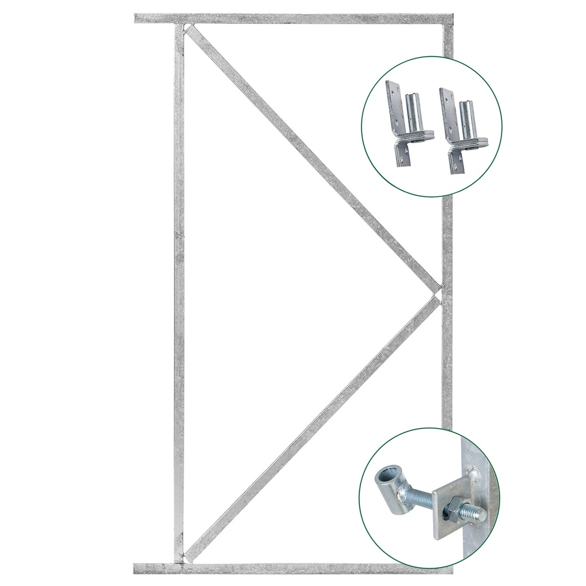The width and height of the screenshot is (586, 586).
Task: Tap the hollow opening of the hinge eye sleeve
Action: click(x=383, y=477)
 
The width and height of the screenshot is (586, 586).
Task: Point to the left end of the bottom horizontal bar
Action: click(x=138, y=568)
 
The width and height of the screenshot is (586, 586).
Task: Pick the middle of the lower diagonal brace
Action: click(x=312, y=426)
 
